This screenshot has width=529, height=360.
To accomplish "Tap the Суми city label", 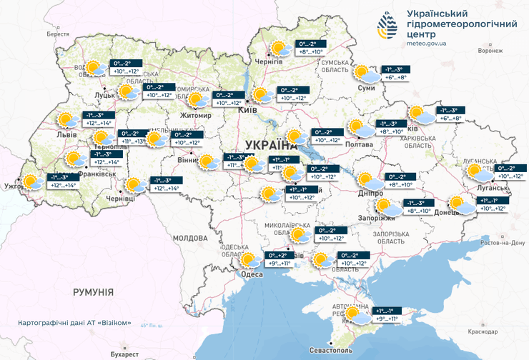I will click(x=367, y=88).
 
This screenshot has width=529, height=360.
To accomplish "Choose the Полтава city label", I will click(x=360, y=144).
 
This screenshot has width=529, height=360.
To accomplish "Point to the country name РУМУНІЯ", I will click(x=93, y=292).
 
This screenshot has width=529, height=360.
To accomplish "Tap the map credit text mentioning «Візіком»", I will click(x=76, y=323).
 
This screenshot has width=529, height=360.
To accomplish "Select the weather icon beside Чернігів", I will click(x=278, y=49).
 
